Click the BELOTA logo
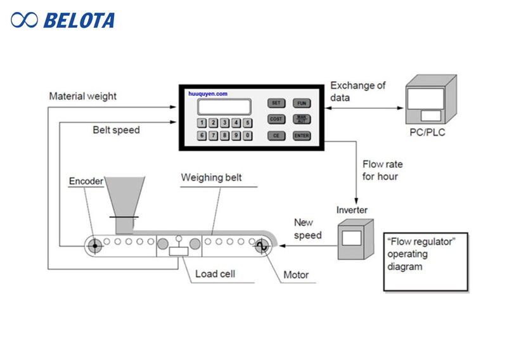click(x=63, y=20)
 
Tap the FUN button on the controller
click(x=300, y=103)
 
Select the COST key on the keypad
click(x=276, y=119)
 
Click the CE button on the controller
click(x=276, y=136)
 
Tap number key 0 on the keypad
click(x=248, y=136)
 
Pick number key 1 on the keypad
click(x=202, y=122)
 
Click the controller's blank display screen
click(x=223, y=106)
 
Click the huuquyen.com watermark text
click(x=208, y=93)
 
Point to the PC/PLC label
click(x=428, y=134)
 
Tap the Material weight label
click(x=82, y=96)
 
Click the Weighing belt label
click(x=211, y=177)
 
